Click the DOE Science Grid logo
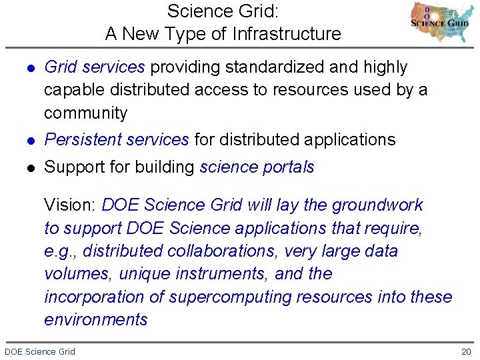440,23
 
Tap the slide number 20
466,351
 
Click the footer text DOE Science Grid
40,351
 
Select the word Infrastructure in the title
287,34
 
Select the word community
85,113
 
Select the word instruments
213,273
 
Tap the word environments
96,319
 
